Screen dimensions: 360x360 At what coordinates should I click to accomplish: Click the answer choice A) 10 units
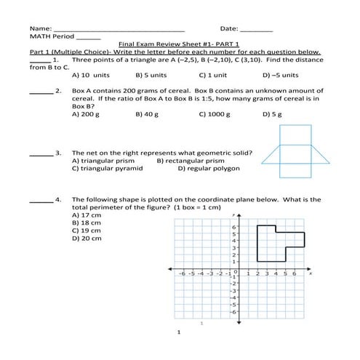coord(90,74)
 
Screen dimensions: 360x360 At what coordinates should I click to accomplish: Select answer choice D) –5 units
coord(280,74)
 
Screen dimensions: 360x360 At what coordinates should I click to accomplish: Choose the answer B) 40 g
coord(147,114)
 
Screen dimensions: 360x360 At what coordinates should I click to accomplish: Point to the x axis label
coord(311,274)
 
